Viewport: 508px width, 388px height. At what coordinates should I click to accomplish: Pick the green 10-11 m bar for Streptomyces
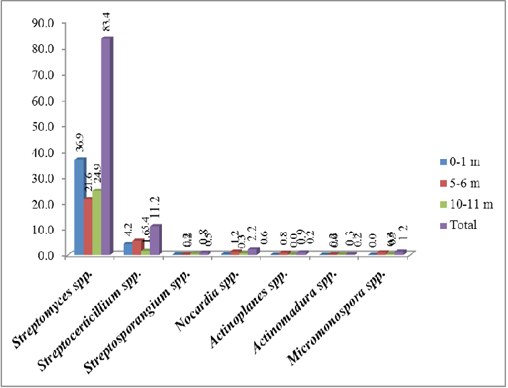click(x=97, y=222)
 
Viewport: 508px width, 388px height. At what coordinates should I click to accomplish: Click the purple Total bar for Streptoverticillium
click(x=155, y=240)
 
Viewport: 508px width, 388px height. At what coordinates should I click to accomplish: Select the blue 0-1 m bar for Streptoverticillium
click(x=128, y=248)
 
